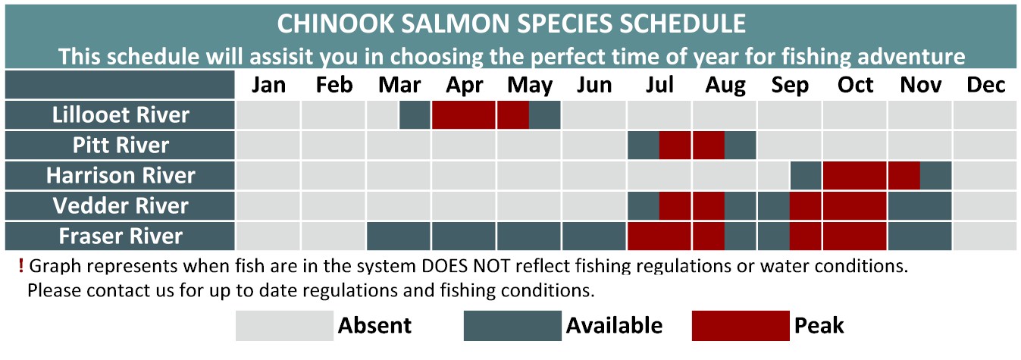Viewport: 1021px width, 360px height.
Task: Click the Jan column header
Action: pos(268,85)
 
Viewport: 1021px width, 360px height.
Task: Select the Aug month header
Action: pos(725,86)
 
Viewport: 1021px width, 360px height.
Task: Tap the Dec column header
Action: pos(986,85)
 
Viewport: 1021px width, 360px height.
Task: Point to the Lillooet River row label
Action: pos(121,114)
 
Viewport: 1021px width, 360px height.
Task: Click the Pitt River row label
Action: pos(121,145)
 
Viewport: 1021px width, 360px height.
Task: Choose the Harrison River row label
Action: pos(121,175)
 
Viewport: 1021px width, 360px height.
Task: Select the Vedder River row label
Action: pos(121,205)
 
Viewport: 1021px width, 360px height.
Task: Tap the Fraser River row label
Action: pos(121,236)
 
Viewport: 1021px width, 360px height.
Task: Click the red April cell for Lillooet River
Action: pos(464,115)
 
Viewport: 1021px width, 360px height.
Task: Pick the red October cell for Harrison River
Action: pos(855,175)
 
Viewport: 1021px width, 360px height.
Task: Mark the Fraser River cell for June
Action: pos(594,236)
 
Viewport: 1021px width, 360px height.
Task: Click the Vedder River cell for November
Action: pos(920,206)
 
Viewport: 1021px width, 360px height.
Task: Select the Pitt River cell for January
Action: pos(268,145)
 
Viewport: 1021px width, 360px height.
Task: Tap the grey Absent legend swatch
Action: pos(284,326)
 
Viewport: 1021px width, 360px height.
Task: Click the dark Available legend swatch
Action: pos(512,326)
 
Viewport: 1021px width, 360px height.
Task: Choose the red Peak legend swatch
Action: pos(741,326)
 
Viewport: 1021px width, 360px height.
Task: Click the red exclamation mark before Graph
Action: pos(21,266)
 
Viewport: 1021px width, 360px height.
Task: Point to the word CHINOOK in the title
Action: pos(336,23)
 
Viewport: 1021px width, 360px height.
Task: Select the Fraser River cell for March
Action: pos(399,236)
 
